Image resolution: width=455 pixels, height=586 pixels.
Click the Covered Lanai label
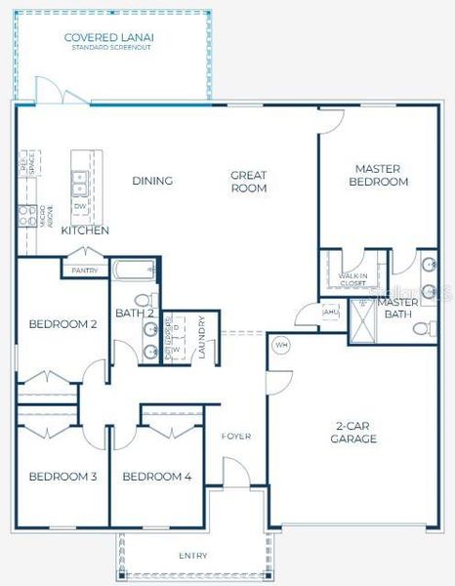[x=109, y=40]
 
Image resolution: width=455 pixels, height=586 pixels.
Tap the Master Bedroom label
[x=380, y=175]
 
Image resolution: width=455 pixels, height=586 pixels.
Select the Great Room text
[x=248, y=182]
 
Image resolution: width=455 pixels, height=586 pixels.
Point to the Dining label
[x=152, y=181]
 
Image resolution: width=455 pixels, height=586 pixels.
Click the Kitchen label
[x=85, y=230]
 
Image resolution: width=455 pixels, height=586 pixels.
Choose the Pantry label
[x=84, y=270]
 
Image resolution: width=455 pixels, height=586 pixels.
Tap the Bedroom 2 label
[x=62, y=324]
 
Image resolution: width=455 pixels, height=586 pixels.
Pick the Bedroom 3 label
[x=62, y=477]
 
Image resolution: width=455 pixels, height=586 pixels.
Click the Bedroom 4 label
[x=157, y=477]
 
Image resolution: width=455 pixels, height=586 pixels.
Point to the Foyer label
[x=236, y=436]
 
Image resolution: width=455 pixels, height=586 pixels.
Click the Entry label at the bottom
[x=192, y=556]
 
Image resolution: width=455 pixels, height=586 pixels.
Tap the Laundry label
[x=202, y=338]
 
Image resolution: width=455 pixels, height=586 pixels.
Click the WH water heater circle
[x=281, y=345]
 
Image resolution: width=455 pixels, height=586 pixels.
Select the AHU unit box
[x=330, y=312]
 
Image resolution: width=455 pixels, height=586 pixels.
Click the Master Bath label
[x=398, y=308]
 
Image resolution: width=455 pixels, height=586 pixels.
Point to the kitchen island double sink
[x=78, y=182]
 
